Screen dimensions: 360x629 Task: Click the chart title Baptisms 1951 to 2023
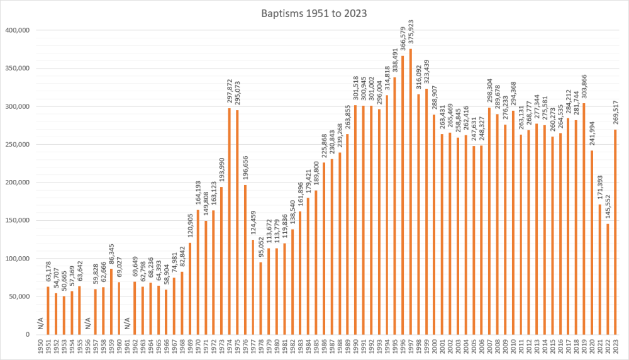coord(314,12)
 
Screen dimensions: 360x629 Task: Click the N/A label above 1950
coord(40,324)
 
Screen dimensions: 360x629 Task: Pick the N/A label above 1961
coord(126,324)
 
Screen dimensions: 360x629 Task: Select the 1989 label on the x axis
coord(348,347)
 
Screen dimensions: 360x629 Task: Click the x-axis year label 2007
coord(489,347)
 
